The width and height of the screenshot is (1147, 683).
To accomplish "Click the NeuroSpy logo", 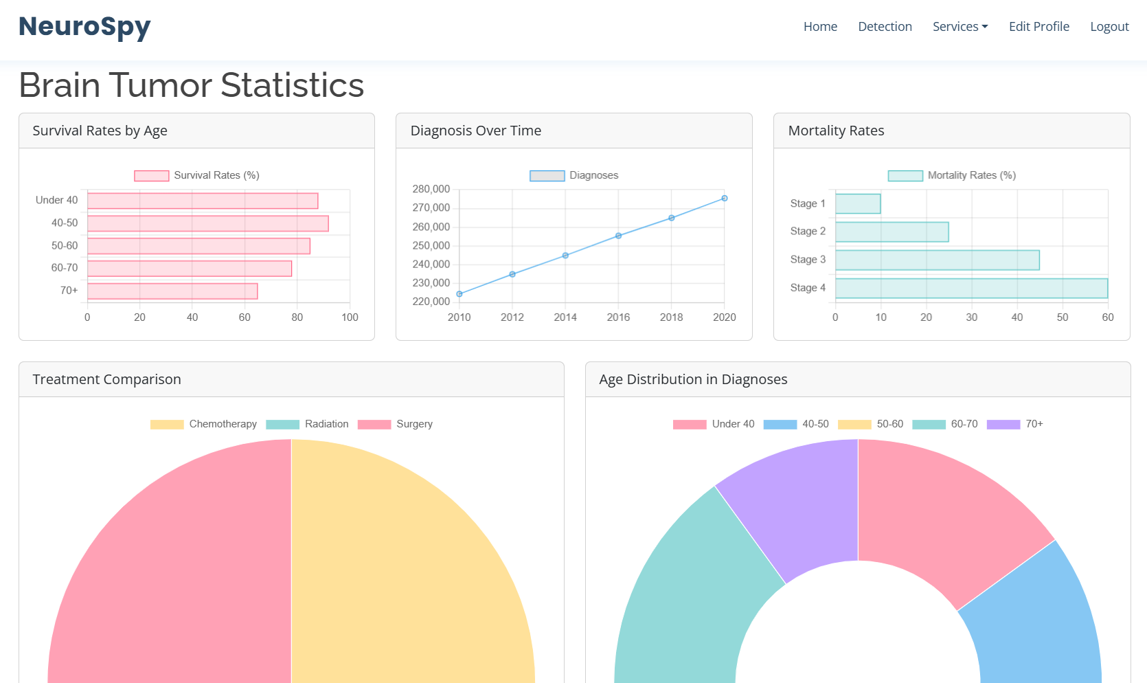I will pyautogui.click(x=84, y=27).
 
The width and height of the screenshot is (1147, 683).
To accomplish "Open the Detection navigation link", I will pyautogui.click(x=885, y=27).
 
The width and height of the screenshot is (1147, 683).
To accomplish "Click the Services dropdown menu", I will pyautogui.click(x=959, y=27).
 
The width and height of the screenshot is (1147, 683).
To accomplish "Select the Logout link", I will pyautogui.click(x=1109, y=27).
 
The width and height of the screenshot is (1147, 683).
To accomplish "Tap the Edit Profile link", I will pyautogui.click(x=1038, y=27).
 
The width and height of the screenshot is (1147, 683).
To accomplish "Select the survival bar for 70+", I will pyautogui.click(x=172, y=291).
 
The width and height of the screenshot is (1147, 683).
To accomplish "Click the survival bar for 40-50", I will pyautogui.click(x=208, y=223).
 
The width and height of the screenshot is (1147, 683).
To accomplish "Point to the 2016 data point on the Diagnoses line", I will pyautogui.click(x=618, y=236).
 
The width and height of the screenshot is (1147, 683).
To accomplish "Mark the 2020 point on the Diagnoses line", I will pyautogui.click(x=724, y=199).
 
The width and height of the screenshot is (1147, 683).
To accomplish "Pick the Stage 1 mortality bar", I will pyautogui.click(x=858, y=204).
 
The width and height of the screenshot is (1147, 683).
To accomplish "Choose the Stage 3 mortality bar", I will pyautogui.click(x=937, y=260).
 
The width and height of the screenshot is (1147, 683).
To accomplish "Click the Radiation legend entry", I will pyautogui.click(x=307, y=424).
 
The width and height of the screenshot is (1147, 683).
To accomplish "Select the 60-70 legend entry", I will pyautogui.click(x=945, y=424).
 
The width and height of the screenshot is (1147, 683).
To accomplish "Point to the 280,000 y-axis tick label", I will pyautogui.click(x=431, y=189).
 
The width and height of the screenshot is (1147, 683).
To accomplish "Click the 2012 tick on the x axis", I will pyautogui.click(x=512, y=317).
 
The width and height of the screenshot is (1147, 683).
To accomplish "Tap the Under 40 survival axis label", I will pyautogui.click(x=56, y=200).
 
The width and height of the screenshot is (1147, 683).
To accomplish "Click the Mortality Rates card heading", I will pyautogui.click(x=836, y=131).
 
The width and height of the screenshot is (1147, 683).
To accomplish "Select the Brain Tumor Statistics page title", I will pyautogui.click(x=191, y=85).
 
